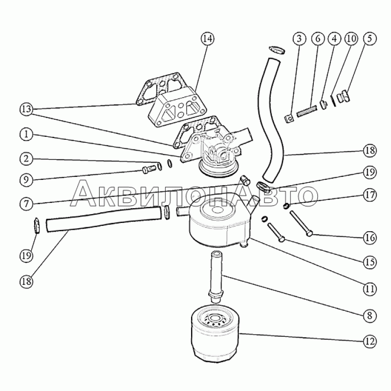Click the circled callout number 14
coord(208,39)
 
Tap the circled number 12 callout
coord(370,341)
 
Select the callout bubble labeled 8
coord(370,316)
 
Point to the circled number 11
coord(370,289)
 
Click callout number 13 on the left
coord(26,109)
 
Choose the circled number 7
coord(26,204)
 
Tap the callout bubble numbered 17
coord(370,195)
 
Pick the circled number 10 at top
coord(351,39)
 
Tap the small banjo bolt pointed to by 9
coord(149,170)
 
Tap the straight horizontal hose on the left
coord(104,219)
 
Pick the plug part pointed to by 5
coord(344,97)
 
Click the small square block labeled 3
coord(289,119)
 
